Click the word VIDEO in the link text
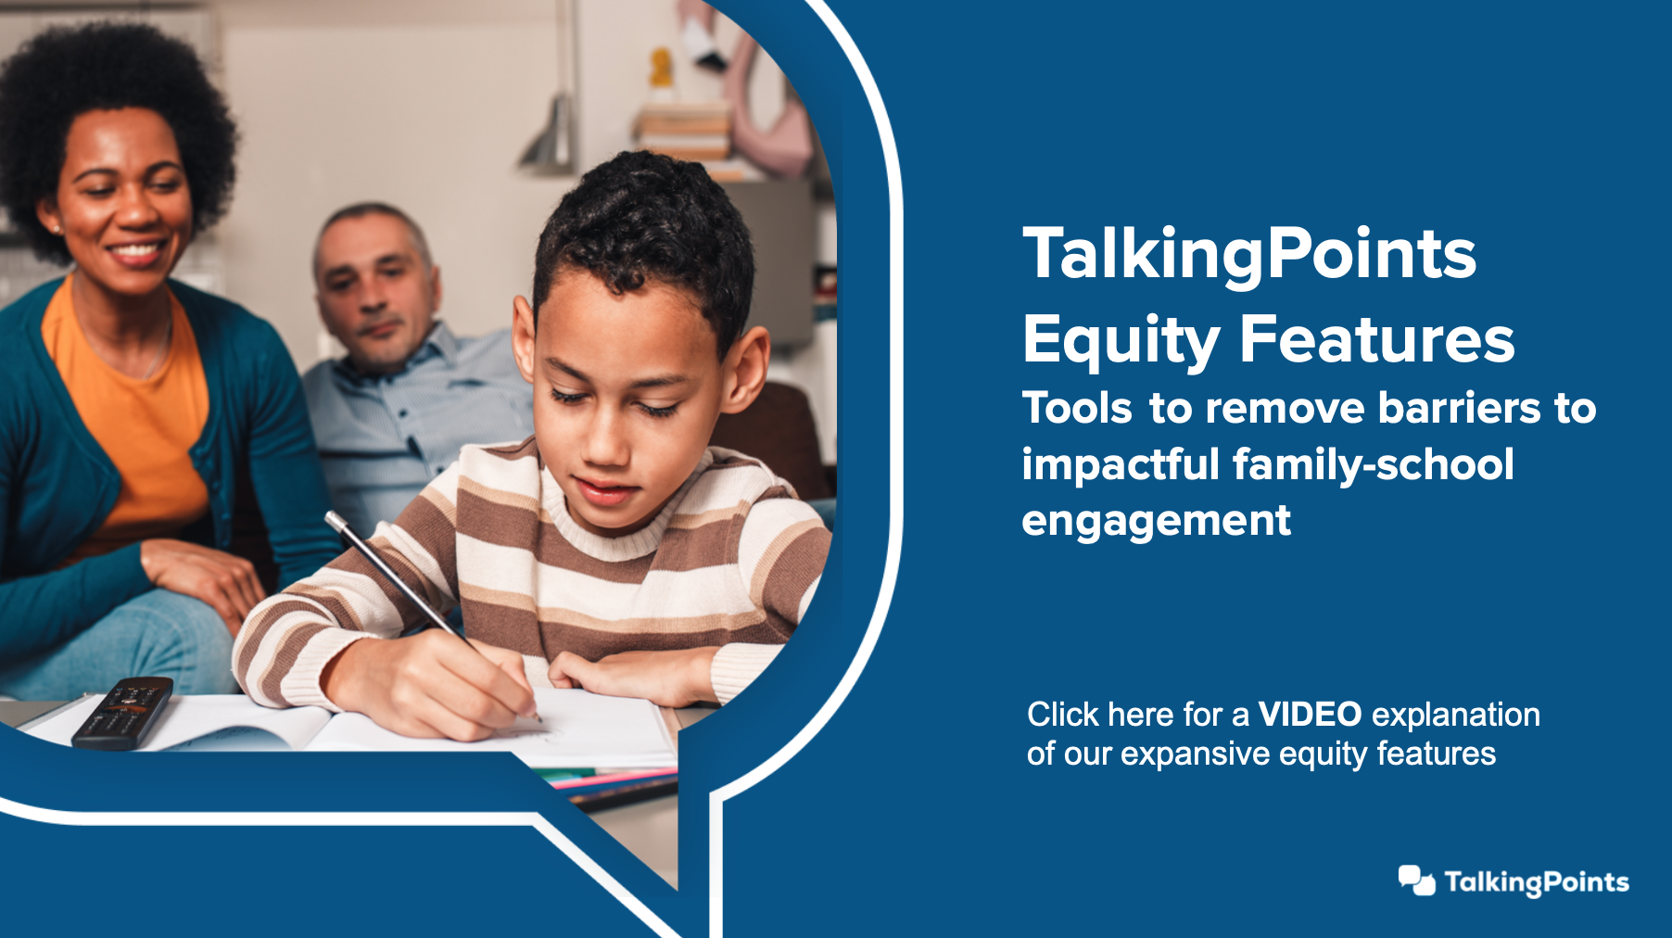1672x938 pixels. click(x=1310, y=715)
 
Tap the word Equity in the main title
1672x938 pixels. click(x=1121, y=341)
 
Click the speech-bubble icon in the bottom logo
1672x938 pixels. click(x=1416, y=881)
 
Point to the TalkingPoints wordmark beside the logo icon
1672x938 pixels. click(x=1537, y=882)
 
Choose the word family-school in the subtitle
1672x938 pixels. click(x=1374, y=464)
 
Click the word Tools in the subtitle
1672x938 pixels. click(x=1077, y=408)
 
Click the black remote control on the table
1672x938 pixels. click(x=123, y=712)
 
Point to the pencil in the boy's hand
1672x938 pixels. click(x=432, y=615)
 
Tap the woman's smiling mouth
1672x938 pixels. click(x=135, y=251)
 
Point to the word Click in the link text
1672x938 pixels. click(x=1062, y=715)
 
